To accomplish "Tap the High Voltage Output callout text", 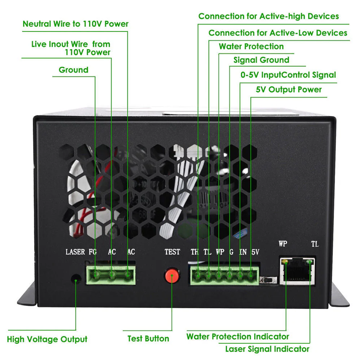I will tap(47, 339).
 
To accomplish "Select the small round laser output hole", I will tap(75, 279).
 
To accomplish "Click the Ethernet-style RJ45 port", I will tap(298, 271).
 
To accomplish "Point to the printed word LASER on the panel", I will tap(75, 252).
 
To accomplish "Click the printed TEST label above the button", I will tap(172, 252).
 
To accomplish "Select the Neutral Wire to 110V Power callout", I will tap(75, 24).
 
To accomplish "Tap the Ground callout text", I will tap(73, 70).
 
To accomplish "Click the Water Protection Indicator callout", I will tap(238, 336).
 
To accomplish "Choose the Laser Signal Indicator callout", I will tap(267, 349).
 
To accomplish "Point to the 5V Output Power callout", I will tap(289, 90).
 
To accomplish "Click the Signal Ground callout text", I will tap(261, 60).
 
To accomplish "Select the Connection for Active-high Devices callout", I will tap(269, 16).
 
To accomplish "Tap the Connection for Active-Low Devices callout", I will tap(278, 33).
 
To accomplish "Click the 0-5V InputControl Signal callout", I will tap(288, 75).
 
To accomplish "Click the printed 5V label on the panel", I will tap(255, 252).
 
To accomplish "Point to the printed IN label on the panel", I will tap(243, 252).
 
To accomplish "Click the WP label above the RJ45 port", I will tap(283, 244).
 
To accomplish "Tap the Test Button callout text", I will tap(148, 339).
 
